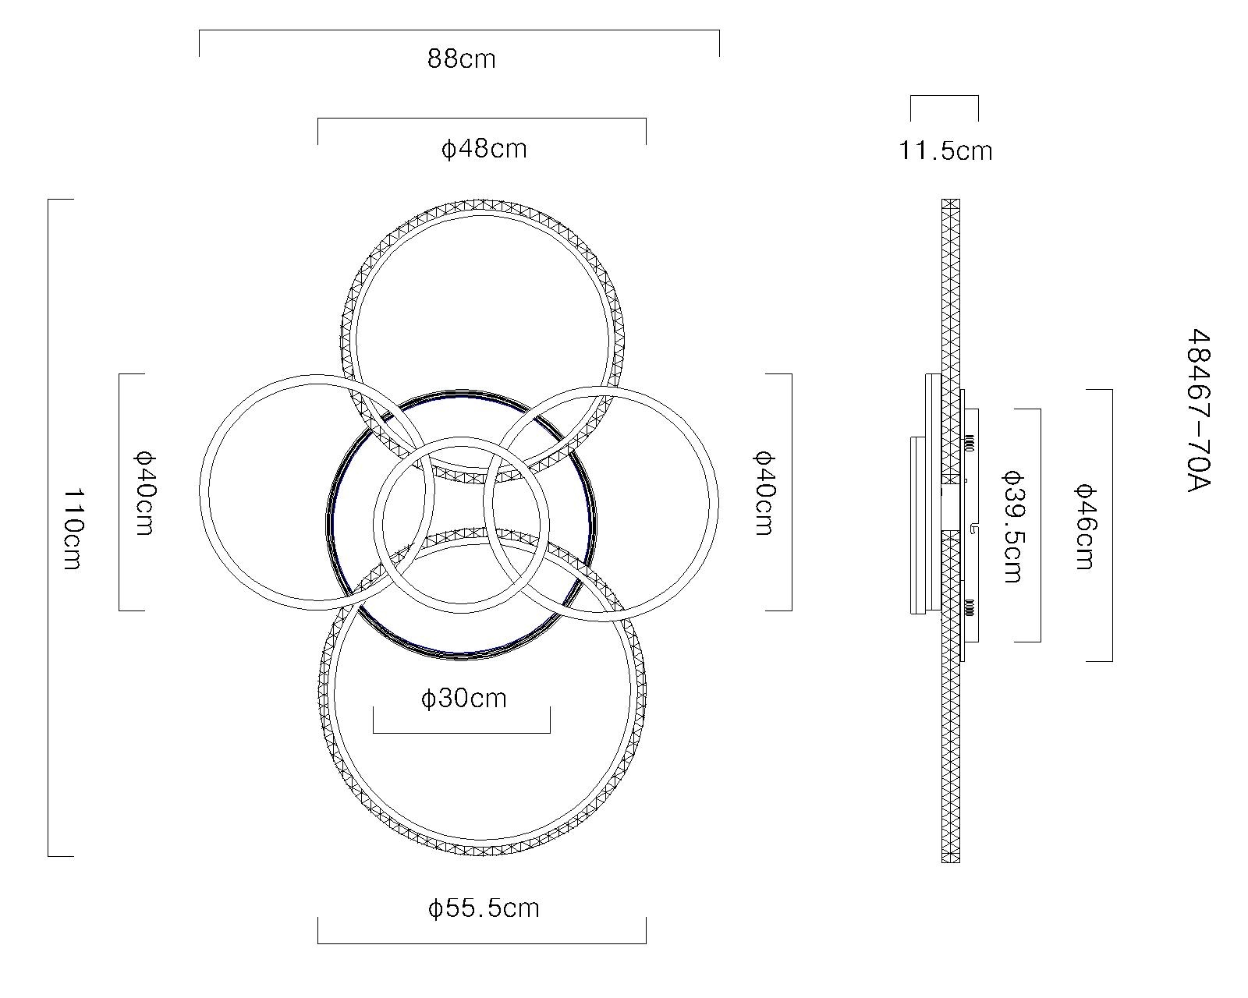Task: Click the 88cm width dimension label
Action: click(x=461, y=59)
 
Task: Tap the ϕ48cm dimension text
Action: click(x=484, y=148)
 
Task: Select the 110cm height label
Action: click(x=72, y=529)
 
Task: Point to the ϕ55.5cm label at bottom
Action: click(x=484, y=908)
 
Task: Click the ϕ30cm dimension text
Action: click(x=463, y=698)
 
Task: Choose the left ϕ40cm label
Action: click(x=144, y=493)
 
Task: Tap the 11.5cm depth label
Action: click(x=945, y=150)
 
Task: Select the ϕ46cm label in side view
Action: click(x=1084, y=526)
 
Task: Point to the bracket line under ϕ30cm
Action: click(x=461, y=733)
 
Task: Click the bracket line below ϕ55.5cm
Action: click(x=481, y=943)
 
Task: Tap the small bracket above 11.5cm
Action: click(x=944, y=96)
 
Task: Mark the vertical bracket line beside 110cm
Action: click(x=48, y=527)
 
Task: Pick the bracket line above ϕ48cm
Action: click(x=481, y=119)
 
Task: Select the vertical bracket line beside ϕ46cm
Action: click(x=1111, y=525)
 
